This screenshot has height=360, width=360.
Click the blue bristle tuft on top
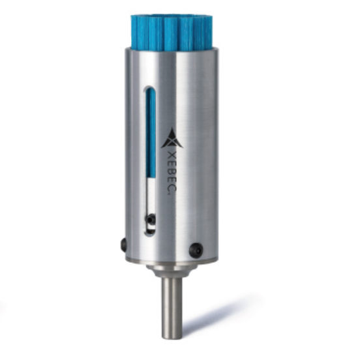coord(172,31)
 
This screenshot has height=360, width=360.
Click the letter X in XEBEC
coord(171,155)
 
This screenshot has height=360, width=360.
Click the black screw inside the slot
coord(151,218)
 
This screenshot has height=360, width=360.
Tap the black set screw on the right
coord(196,250)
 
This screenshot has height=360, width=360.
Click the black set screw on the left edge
coord(123,244)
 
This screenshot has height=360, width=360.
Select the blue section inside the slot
coord(151,133)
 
